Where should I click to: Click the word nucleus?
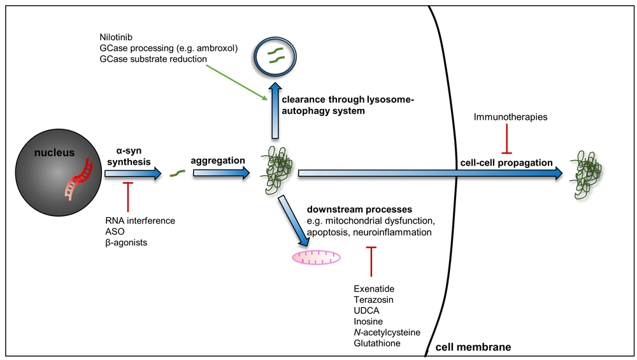pos(54,153)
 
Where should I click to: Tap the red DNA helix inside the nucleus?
pos(79,180)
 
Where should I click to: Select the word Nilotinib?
pos(116,38)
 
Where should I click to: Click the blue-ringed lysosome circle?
pos(275,57)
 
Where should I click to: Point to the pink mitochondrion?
pos(316,257)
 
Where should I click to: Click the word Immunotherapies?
pos(510,117)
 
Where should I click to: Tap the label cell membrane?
pos(473,347)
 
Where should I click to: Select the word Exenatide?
pos(374,289)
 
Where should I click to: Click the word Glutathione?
pos(377,343)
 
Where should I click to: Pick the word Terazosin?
pos(373,300)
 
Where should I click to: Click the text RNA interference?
pos(140,220)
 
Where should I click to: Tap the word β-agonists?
pos(126,243)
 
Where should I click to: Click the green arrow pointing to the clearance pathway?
pos(236,82)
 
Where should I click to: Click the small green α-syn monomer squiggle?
pos(177,173)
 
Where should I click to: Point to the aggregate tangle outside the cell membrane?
pos(585,175)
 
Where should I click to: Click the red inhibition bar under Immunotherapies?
pos(506,139)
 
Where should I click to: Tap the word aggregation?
pos(218,161)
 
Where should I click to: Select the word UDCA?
pos(366,311)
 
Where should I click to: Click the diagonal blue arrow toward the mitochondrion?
pos(293,220)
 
